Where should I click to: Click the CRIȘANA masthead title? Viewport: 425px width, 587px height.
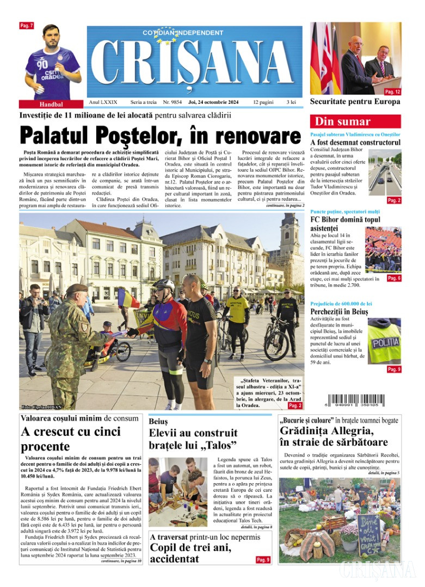(x=194, y=64)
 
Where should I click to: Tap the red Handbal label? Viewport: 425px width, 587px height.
(x=51, y=104)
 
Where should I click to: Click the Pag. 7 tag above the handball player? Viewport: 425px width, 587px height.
(x=27, y=26)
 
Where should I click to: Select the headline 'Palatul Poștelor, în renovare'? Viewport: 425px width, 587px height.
(x=160, y=135)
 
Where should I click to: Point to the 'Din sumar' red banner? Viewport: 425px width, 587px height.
(x=355, y=121)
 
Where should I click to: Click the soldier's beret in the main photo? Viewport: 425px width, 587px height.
(x=76, y=288)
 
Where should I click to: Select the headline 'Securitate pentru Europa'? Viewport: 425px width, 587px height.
(x=355, y=102)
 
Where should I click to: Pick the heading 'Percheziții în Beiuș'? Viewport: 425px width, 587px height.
(x=339, y=311)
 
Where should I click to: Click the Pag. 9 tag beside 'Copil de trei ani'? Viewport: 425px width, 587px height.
(x=263, y=559)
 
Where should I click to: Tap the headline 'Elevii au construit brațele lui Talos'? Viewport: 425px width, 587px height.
(x=193, y=439)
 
